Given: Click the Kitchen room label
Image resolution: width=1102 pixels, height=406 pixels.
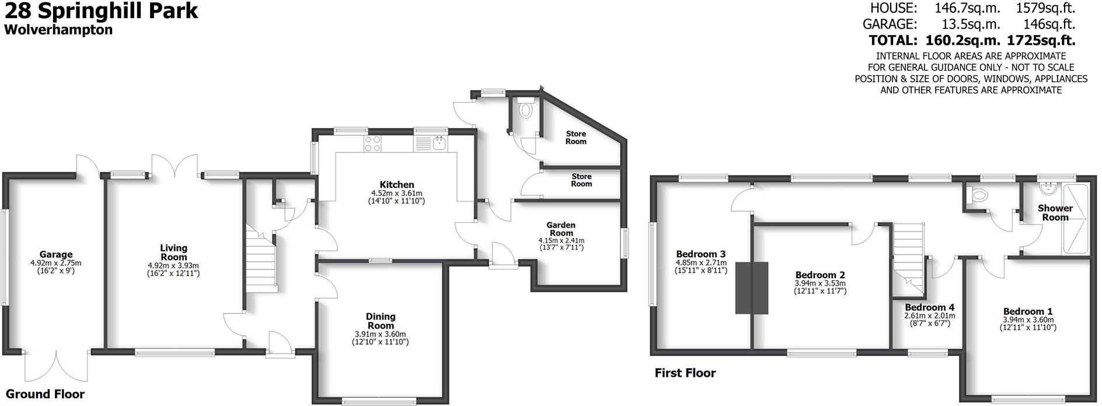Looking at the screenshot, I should click(x=392, y=185).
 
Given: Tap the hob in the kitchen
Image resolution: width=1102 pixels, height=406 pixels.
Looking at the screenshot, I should click(x=372, y=143).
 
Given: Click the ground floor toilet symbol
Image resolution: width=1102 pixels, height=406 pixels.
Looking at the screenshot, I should click(x=526, y=109).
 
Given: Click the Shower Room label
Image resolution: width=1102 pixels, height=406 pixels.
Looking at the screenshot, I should click(x=1055, y=212).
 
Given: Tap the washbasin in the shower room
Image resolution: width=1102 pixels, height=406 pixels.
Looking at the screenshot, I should click(x=1049, y=187).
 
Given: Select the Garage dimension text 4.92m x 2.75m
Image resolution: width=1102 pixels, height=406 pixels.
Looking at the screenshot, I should click(x=56, y=262).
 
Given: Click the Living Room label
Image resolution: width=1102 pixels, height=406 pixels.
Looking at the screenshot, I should click(x=173, y=253).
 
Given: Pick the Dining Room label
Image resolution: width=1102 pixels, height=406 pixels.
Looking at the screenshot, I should click(x=381, y=321).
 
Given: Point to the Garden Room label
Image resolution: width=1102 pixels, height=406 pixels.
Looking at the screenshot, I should click(x=561, y=229).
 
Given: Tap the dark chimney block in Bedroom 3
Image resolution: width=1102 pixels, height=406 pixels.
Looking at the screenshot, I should click(x=752, y=288).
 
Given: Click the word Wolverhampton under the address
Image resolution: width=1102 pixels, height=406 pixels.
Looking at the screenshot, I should click(x=58, y=30).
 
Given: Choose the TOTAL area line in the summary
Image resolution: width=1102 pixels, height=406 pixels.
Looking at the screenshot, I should click(x=971, y=40).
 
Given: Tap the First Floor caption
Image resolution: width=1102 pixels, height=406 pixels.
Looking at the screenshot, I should click(x=685, y=373).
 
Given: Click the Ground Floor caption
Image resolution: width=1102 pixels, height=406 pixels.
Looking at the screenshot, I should click(x=45, y=394).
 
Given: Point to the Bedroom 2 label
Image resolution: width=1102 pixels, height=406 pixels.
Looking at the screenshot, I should click(x=820, y=275).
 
